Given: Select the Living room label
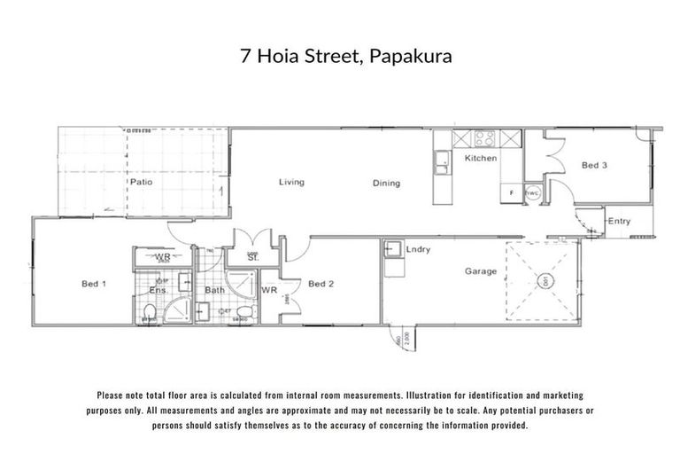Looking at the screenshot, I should pos(291,183).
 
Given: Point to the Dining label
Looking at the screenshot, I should pos(386,184).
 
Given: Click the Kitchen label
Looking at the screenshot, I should pos(481,158).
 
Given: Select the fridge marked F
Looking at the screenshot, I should pos(512,192).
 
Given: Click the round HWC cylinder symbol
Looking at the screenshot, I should pos(533,194).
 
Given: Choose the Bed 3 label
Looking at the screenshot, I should pos(594,165).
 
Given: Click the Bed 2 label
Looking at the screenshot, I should pos(320,284).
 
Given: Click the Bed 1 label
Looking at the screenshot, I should pos(94,284).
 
